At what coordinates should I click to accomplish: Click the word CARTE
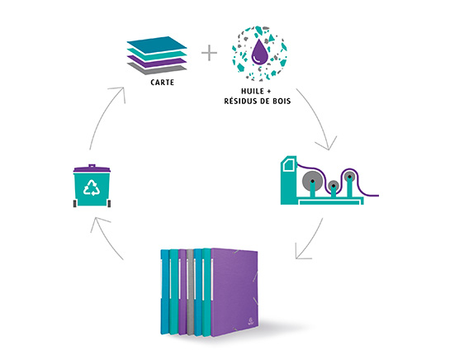pyautogui.click(x=162, y=83)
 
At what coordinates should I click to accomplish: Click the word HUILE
pyautogui.click(x=253, y=92)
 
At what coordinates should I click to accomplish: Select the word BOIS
pyautogui.click(x=281, y=101)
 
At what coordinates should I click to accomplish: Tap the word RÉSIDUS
pyautogui.click(x=240, y=101)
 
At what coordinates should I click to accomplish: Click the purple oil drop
pyautogui.click(x=259, y=52)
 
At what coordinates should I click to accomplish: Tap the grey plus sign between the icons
pyautogui.click(x=209, y=53)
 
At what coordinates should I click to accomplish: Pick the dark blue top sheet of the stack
pyautogui.click(x=157, y=45)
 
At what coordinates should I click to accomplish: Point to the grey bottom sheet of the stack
pyautogui.click(x=157, y=69)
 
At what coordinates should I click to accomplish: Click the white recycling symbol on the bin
pyautogui.click(x=92, y=187)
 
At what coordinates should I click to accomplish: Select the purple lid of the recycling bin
pyautogui.click(x=92, y=168)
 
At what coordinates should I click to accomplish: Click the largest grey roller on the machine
pyautogui.click(x=312, y=181)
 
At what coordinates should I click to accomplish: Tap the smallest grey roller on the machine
pyautogui.click(x=334, y=186)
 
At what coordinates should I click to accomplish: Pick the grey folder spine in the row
pyautogui.click(x=189, y=292)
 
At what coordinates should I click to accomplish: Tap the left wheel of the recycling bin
pyautogui.click(x=75, y=203)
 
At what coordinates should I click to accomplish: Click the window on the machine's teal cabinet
pyautogui.click(x=288, y=165)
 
